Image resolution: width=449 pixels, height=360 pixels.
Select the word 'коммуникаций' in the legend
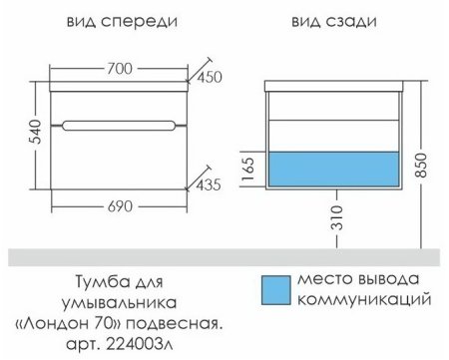coord(368,298)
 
